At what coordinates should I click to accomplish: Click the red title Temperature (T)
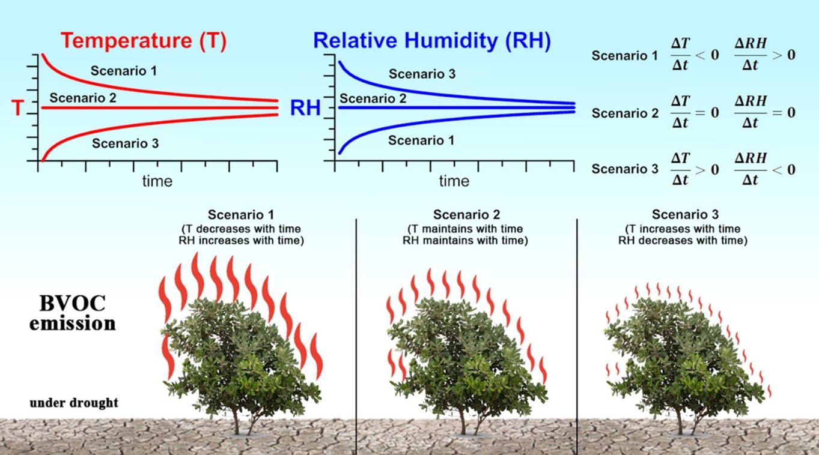click(144, 41)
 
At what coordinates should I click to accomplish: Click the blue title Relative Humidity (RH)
click(432, 41)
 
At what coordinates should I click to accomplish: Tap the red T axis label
click(17, 107)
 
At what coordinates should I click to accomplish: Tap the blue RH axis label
click(305, 107)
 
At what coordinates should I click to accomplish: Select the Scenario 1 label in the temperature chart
click(124, 70)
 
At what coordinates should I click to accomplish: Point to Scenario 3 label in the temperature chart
click(125, 143)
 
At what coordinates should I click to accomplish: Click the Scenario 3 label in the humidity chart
click(422, 74)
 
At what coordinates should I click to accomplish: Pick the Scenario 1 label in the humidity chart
click(421, 140)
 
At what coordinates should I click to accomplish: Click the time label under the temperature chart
click(157, 181)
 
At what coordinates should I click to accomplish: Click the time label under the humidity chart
click(454, 181)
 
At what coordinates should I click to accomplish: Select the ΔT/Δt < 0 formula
click(695, 55)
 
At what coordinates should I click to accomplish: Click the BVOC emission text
click(72, 313)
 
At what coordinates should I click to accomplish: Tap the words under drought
click(74, 402)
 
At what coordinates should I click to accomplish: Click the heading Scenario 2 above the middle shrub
click(466, 214)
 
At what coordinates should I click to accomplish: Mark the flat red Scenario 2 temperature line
click(160, 107)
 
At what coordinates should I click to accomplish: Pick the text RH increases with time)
click(242, 240)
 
